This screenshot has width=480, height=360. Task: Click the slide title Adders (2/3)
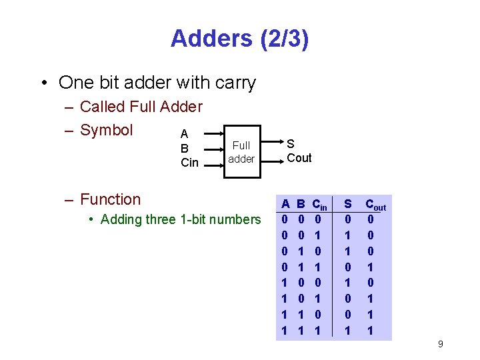[239, 39]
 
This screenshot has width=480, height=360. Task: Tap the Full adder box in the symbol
[241, 151]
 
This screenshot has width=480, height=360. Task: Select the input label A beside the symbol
[184, 134]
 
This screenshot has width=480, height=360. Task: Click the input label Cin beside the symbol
[190, 163]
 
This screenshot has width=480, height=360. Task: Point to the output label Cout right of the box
[299, 158]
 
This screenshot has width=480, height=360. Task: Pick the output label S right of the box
[291, 143]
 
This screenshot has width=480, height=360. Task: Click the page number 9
[440, 344]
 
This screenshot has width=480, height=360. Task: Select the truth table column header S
[347, 203]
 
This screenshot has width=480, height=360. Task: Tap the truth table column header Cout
[375, 205]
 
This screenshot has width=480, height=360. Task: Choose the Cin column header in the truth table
[320, 204]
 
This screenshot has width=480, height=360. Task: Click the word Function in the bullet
[110, 199]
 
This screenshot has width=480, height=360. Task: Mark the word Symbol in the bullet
[107, 130]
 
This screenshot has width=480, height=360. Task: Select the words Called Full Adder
[141, 107]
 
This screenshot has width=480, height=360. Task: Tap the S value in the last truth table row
[347, 330]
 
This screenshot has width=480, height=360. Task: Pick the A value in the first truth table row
[285, 219]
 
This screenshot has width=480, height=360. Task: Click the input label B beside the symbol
[185, 148]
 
